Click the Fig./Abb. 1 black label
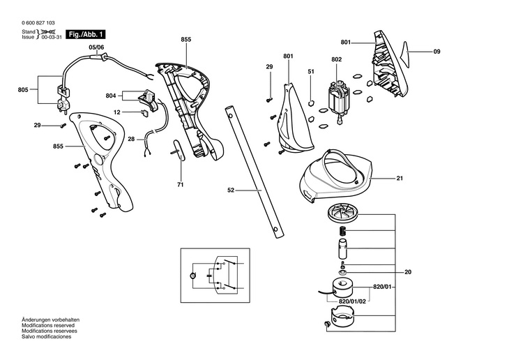pos(86,34)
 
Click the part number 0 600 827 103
pos(38,23)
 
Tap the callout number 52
pos(231,190)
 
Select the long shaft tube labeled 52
pos(254,172)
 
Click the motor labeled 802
pos(337,101)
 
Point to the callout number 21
pos(400,178)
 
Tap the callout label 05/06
pos(96,47)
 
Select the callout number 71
pos(181,185)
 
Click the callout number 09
pos(437,52)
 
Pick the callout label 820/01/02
pos(352,301)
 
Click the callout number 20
pos(408,272)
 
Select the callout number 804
pos(111,96)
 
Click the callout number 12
pos(117,112)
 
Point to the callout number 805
pos(23,90)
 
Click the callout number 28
pos(131,139)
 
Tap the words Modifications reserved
pos(48,325)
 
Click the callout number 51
pos(311,71)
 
